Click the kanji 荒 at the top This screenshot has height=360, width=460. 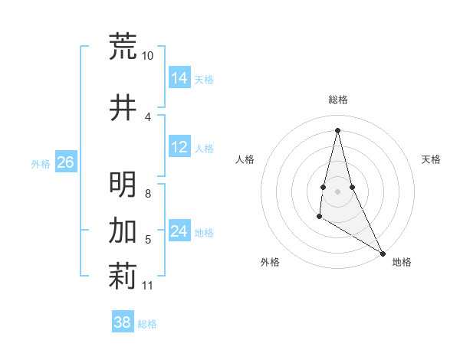coord(123,46)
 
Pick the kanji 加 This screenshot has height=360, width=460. coord(123,230)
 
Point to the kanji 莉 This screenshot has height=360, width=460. coord(123,277)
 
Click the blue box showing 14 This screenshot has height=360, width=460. coord(179,78)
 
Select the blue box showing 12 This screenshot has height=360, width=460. coord(179,147)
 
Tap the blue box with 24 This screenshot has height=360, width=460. coord(179,231)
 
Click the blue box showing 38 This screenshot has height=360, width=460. coord(123,322)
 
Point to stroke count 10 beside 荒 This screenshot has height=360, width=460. coord(147,56)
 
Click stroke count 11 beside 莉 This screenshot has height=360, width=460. coord(147,286)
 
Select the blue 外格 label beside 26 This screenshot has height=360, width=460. coord(40,163)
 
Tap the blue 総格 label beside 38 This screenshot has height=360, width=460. coord(147,324)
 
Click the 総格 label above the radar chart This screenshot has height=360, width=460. coord(337,100)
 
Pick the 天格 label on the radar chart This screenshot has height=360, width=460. coord(432,159)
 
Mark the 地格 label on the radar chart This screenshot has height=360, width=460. coord(402,262)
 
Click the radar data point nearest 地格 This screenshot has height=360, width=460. coord(383,253)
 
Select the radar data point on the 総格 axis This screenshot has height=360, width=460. coord(337,129)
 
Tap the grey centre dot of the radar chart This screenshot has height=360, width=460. coord(337,180)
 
